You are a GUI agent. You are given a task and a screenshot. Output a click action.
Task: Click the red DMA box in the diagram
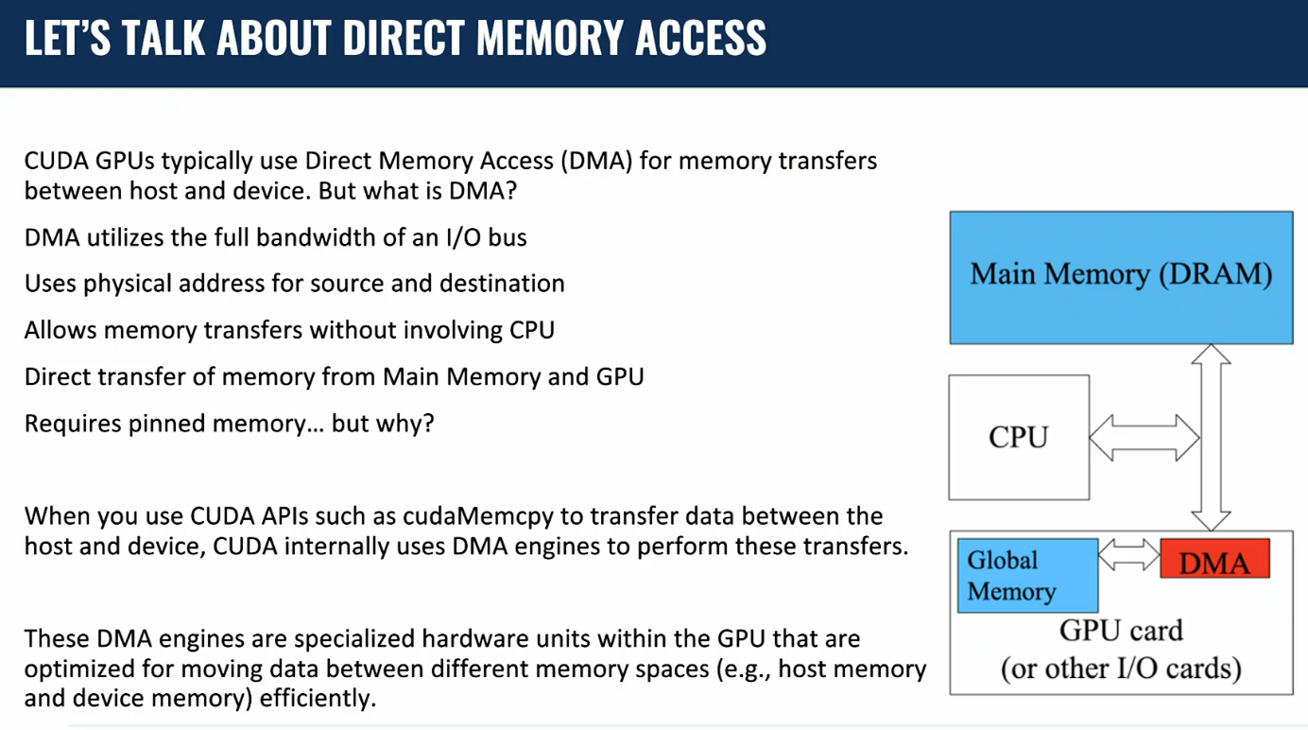[1214, 560]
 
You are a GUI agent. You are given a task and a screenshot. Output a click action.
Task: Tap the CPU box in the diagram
[1019, 437]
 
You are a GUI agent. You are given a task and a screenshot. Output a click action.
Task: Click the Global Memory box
[1026, 575]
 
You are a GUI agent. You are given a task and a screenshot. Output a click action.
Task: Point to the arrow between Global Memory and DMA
[1129, 555]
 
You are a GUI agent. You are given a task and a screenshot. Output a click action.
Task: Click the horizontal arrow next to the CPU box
[1144, 438]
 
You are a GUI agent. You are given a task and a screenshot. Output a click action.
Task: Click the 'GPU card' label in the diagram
[1121, 631]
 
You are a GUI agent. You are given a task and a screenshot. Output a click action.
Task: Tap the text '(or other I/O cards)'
[1121, 669]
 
